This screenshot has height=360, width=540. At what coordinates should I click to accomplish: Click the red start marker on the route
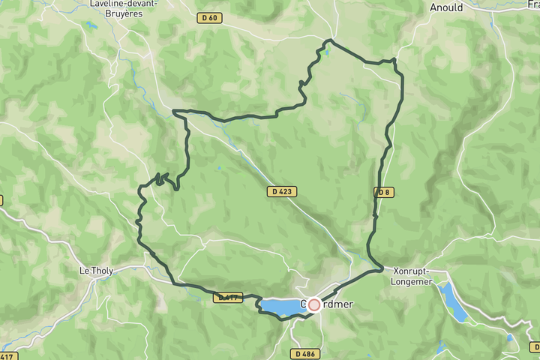pos(314,304)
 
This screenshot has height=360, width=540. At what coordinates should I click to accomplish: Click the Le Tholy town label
pos(95,270)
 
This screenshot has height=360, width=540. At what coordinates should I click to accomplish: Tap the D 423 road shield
pos(282,192)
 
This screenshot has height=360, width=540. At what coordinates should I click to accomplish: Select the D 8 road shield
pos(384,192)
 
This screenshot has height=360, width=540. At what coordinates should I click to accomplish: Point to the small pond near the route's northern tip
pos(325,52)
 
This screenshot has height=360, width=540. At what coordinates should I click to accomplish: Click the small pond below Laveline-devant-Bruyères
pos(91,25)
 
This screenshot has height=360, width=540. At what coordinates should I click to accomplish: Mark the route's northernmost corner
pos(328,40)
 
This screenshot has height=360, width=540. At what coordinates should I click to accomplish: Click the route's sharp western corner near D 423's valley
pos(175,112)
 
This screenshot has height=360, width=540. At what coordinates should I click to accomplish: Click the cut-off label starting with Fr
pos(532,6)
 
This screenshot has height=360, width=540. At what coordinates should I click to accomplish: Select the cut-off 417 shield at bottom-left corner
pos(7,354)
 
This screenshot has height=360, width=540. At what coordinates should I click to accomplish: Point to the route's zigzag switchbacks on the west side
pos(163,180)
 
